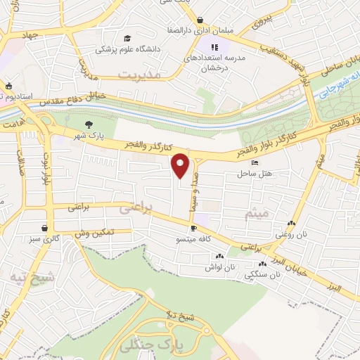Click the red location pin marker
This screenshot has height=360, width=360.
181,166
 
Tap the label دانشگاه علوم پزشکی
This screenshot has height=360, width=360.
134,49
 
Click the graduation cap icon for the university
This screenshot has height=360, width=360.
127,37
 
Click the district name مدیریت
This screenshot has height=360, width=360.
139,73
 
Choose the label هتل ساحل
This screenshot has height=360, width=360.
254,172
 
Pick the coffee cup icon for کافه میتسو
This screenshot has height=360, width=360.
193,229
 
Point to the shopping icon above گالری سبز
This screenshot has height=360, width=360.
45,228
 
